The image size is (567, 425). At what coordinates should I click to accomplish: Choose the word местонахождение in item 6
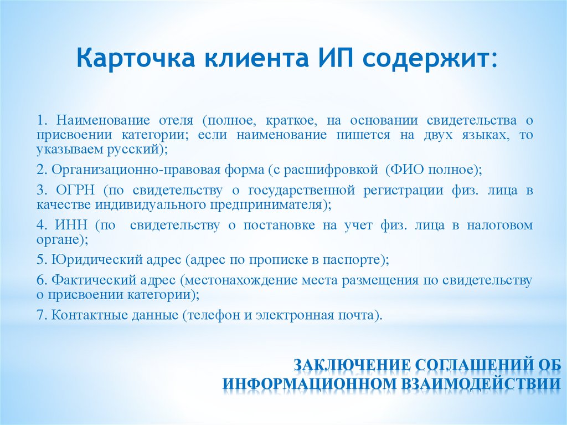[x=244, y=280]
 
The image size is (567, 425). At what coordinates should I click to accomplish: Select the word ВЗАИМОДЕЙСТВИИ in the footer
[x=486, y=384]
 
